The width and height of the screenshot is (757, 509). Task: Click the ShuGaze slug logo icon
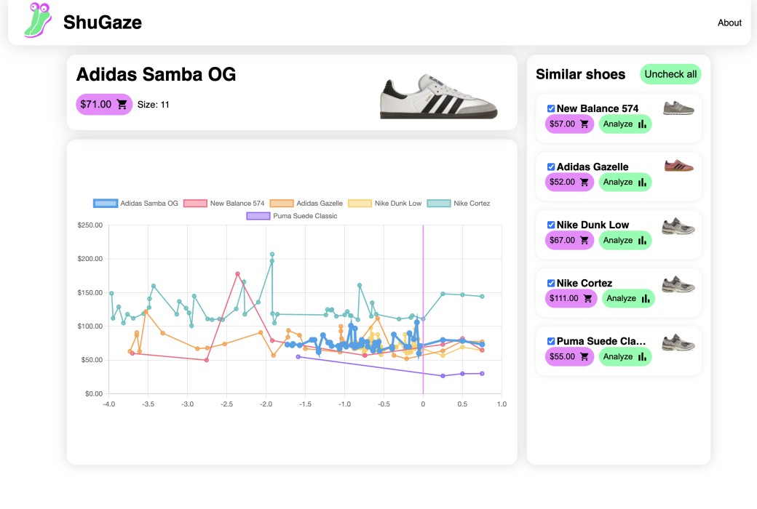point(39,20)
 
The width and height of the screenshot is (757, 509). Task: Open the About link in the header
point(729,23)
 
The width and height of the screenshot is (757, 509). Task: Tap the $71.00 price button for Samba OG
point(104,105)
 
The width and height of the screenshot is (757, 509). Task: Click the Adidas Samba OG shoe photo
point(439,96)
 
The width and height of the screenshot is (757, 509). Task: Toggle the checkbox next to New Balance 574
point(551,108)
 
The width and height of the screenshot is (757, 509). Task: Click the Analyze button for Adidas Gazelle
point(625,183)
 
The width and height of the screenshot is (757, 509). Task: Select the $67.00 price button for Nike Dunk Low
point(569,241)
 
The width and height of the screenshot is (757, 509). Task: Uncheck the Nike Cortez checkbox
point(551,283)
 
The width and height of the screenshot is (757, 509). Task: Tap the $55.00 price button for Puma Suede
point(569,357)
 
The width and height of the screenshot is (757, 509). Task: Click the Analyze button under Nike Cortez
point(627,299)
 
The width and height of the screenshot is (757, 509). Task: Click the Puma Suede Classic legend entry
point(292,216)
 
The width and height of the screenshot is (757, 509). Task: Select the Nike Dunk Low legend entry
point(385,204)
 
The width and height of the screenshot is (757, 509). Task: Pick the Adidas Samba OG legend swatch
point(106,204)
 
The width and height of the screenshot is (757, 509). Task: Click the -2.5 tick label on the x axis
point(226,404)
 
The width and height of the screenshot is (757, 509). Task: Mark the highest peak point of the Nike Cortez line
point(272,254)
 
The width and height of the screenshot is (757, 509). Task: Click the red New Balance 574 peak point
point(238,274)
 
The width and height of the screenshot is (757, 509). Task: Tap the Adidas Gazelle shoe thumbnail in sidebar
point(678,166)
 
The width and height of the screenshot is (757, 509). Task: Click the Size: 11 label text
point(154,105)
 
